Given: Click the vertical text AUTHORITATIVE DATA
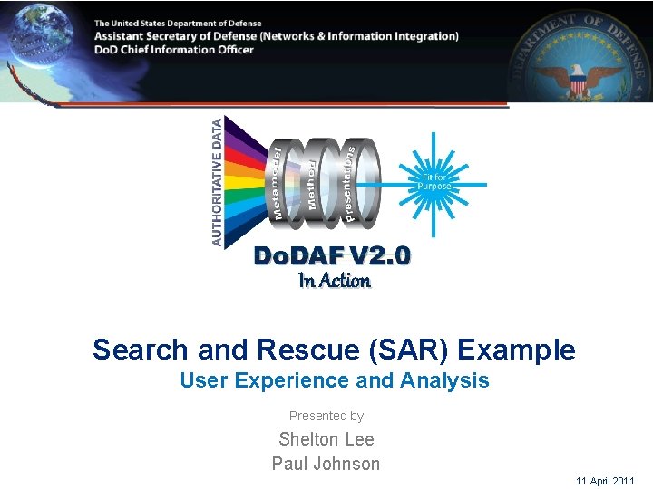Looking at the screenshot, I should coord(217,181).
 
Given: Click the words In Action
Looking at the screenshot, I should coord(335,281).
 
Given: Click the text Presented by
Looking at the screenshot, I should coord(326,416).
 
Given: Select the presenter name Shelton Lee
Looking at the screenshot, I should coord(326,439).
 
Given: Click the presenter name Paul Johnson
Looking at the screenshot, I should coord(326,464).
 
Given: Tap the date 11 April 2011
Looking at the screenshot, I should coord(605,481).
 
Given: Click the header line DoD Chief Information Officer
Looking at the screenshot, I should coord(174,50).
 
